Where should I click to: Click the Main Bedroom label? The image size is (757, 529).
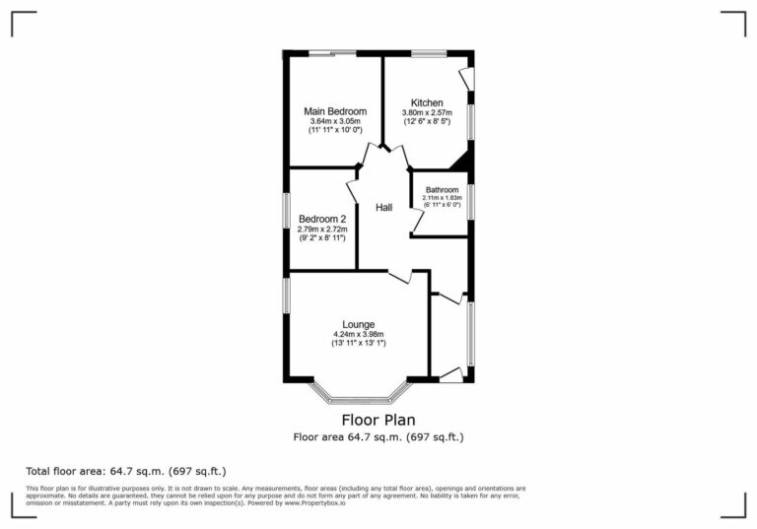coord(335,111)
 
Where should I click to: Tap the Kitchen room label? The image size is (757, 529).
coord(427,102)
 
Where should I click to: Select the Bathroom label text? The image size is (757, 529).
coord(442,190)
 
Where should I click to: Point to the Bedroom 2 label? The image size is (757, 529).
coord(322,218)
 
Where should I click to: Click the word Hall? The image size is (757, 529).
coord(383,208)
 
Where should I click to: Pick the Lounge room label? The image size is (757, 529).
coord(358,324)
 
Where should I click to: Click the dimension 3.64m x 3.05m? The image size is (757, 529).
coord(335,121)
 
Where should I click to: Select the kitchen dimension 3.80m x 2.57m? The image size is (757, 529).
coord(427,113)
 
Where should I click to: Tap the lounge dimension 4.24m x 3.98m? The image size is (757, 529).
coord(358,335)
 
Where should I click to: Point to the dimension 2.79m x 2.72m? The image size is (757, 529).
coord(322,229)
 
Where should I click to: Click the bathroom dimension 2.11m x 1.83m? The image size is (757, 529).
coord(442,198)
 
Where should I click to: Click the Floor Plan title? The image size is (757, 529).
coord(378,420)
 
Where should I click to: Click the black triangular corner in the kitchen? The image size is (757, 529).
coord(461,162)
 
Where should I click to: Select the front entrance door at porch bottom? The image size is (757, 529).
coord(450,372)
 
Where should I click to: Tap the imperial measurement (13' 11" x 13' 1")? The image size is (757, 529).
coord(358,344)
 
